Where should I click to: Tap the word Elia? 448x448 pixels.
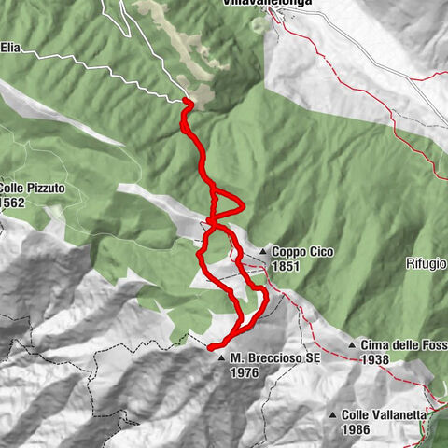coord(10,44)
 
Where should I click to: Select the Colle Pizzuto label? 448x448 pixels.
coord(33,187)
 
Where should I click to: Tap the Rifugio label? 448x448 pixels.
coord(427,264)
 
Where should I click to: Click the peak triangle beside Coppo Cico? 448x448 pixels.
coord(264,252)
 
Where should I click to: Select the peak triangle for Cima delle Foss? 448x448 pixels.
coord(352,345)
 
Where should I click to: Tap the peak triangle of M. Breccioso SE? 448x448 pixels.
coord(221,357)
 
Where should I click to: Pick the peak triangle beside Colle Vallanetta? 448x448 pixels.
coord(333,415)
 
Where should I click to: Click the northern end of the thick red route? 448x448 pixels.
coord(186,101)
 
